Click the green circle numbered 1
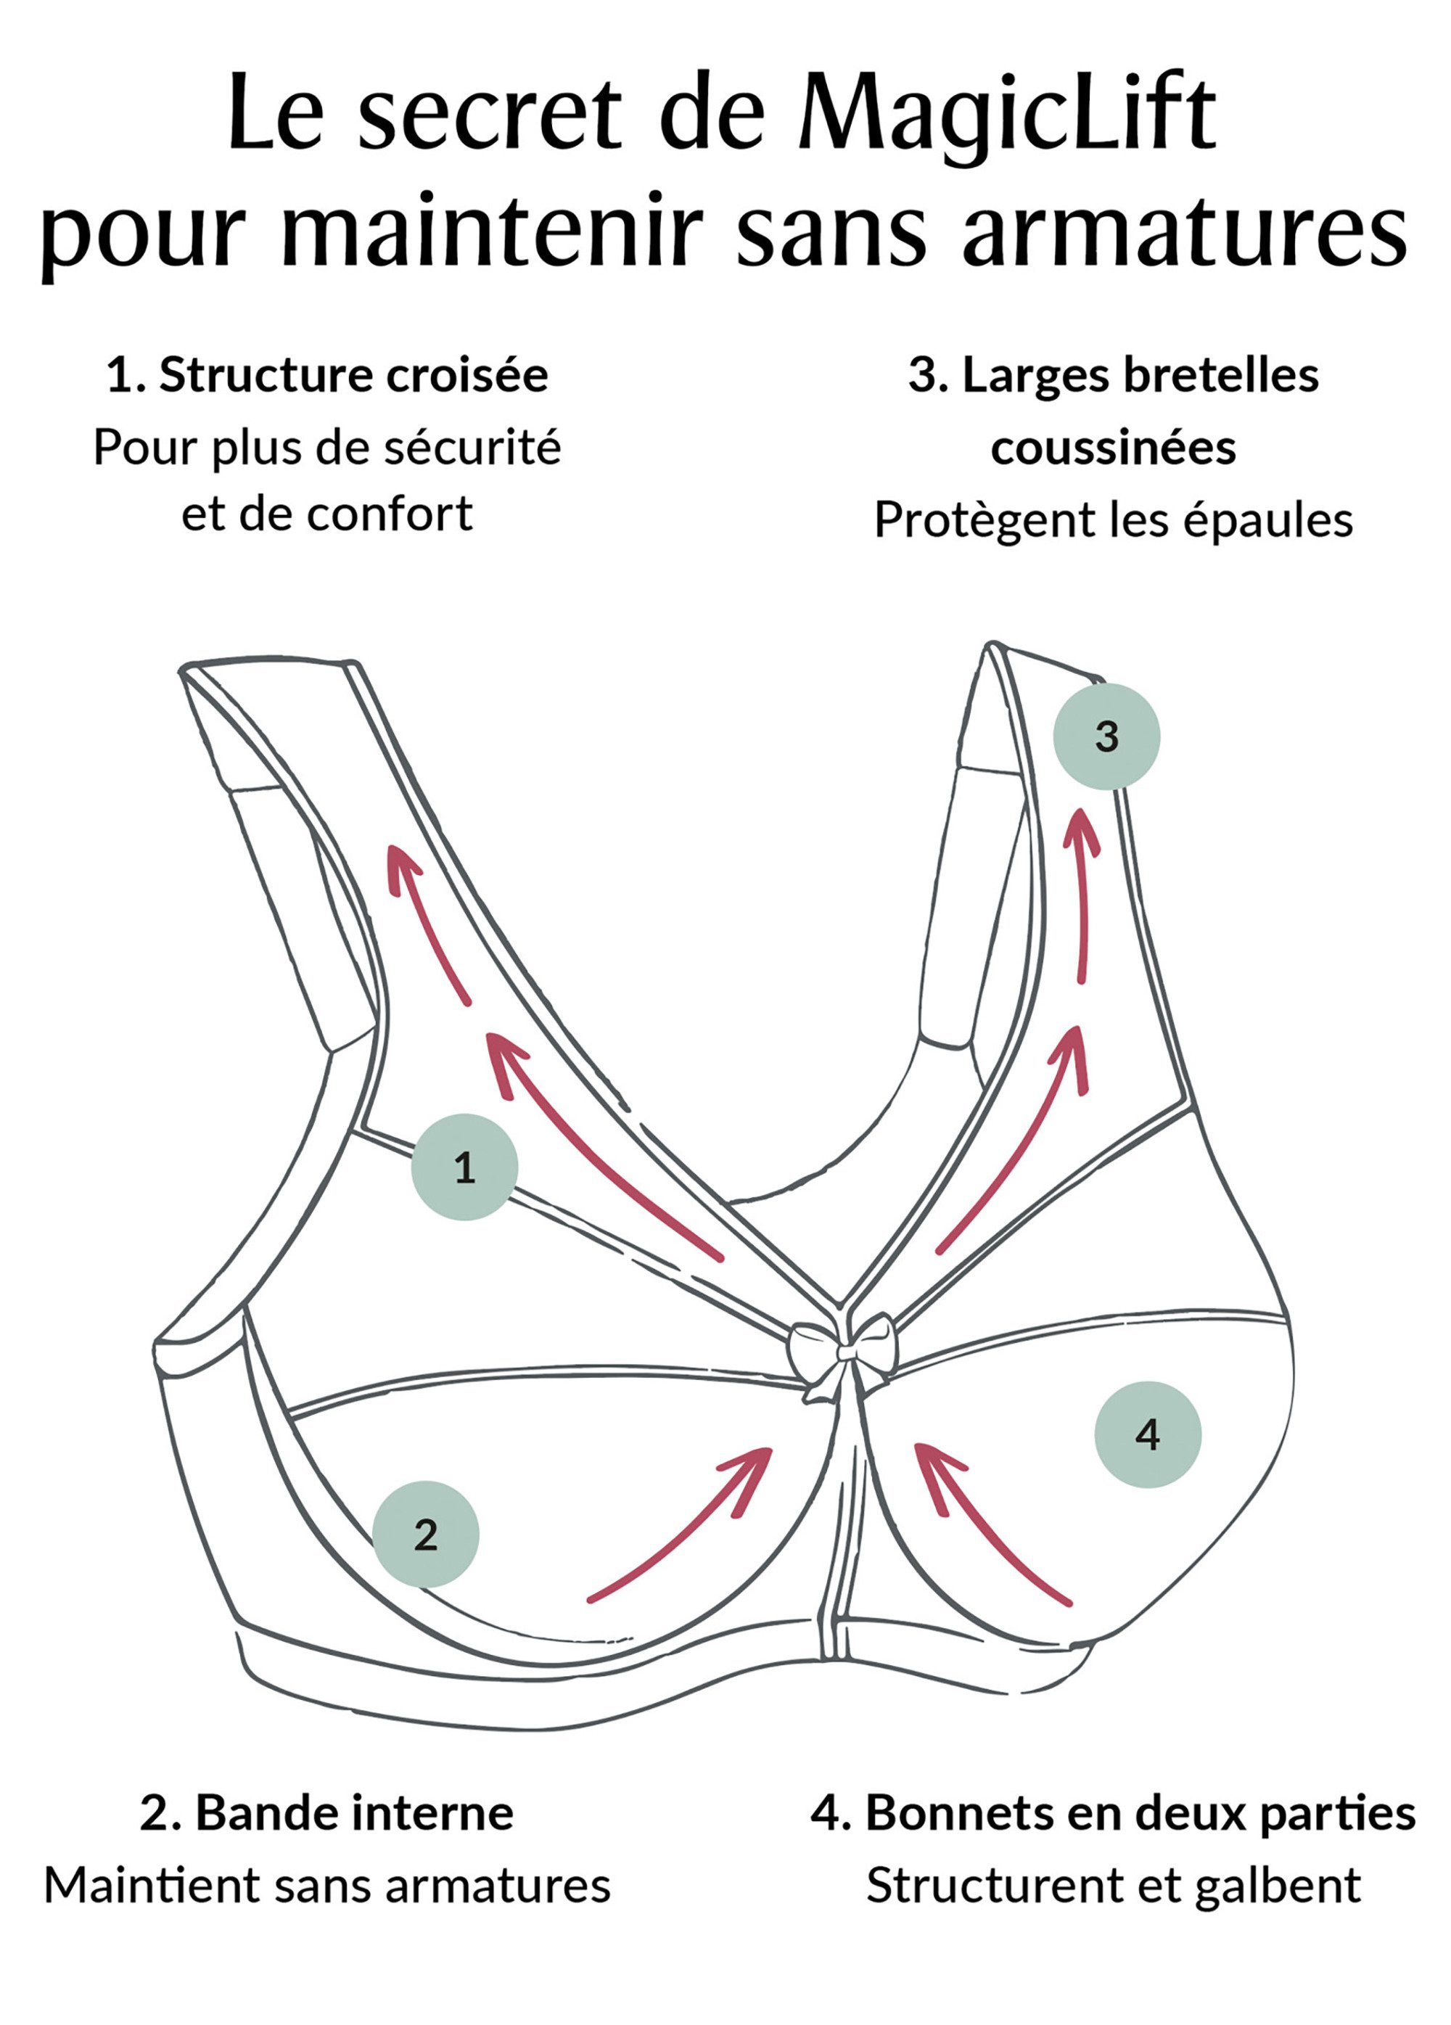[x=464, y=1167]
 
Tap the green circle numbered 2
[x=425, y=1534]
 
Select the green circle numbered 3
[x=1106, y=736]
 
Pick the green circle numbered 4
[x=1148, y=1435]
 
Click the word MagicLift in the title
[x=1006, y=116]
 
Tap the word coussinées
[x=1114, y=448]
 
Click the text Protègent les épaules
[x=1114, y=519]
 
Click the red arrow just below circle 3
[x=1084, y=893]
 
